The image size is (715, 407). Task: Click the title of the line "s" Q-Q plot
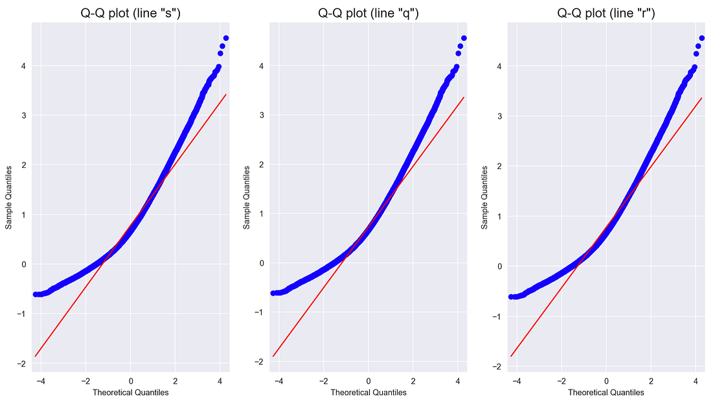130,13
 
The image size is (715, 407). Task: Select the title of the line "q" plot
368,13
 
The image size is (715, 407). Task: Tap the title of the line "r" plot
606,13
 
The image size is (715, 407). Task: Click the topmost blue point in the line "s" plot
225,38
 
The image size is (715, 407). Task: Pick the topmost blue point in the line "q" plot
464,38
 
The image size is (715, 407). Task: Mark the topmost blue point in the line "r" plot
702,38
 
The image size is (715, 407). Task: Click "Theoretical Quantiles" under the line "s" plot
131,392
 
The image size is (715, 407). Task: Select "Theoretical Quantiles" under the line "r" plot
606,392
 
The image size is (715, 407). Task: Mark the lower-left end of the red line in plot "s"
36,356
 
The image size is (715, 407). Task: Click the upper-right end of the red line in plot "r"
702,99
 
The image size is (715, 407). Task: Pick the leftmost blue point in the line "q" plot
273,293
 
